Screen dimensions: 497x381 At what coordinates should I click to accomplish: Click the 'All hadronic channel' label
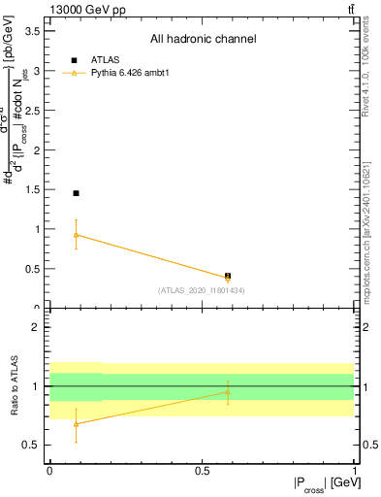pyautogui.click(x=203, y=40)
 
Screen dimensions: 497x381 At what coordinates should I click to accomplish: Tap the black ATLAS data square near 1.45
pyautogui.click(x=76, y=193)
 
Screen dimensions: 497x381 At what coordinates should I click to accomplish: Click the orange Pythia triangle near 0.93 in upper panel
pyautogui.click(x=76, y=235)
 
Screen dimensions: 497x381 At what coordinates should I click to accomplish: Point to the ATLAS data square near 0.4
pyautogui.click(x=228, y=276)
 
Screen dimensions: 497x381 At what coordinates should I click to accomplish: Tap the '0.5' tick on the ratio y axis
pyautogui.click(x=32, y=446)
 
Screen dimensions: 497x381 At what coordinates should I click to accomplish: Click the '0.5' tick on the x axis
pyautogui.click(x=202, y=470)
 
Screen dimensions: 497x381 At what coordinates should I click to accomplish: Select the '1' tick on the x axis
pyautogui.click(x=354, y=470)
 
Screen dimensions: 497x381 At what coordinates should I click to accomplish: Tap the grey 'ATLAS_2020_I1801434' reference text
pyautogui.click(x=202, y=290)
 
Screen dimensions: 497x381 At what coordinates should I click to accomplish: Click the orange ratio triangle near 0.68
pyautogui.click(x=76, y=423)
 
